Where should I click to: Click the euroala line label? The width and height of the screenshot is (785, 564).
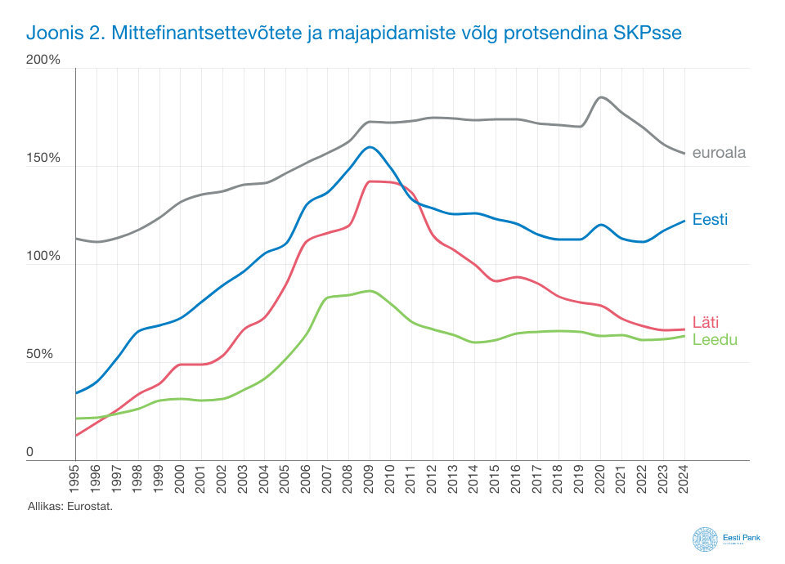pos(719,152)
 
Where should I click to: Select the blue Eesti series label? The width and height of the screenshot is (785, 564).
pos(710,219)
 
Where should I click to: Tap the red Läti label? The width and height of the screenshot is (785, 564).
pos(705,321)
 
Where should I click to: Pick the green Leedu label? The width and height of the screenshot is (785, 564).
pos(715,338)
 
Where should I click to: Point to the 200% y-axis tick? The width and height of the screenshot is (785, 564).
pos(43,60)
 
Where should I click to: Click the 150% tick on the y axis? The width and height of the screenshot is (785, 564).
pos(43,158)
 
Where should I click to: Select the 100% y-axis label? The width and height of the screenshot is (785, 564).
pos(43,256)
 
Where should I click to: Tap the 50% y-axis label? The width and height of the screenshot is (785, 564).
pos(46,355)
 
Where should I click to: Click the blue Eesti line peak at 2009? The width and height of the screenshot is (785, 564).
pos(370,147)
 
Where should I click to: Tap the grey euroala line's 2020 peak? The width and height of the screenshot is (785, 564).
pos(602,97)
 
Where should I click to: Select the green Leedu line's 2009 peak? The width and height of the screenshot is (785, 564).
pos(370,291)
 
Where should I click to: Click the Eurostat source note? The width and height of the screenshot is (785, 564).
pos(70,508)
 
